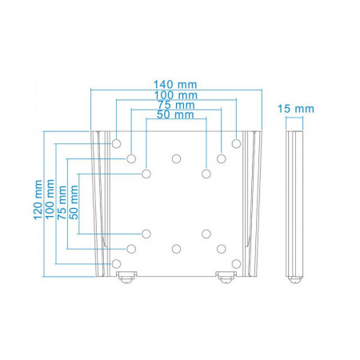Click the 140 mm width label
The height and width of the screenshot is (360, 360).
175,85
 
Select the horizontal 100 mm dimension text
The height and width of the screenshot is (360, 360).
176,95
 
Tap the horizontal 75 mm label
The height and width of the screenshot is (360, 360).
176,105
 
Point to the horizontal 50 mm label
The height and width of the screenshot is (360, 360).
175,114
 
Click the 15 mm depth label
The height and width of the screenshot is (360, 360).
296,109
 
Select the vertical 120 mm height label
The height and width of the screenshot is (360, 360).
38,200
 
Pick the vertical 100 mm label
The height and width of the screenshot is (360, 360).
50,199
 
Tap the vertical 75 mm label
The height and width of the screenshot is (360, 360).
62,202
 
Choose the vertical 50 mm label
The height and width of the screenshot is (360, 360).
74,202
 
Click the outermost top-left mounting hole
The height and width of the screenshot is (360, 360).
116,144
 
